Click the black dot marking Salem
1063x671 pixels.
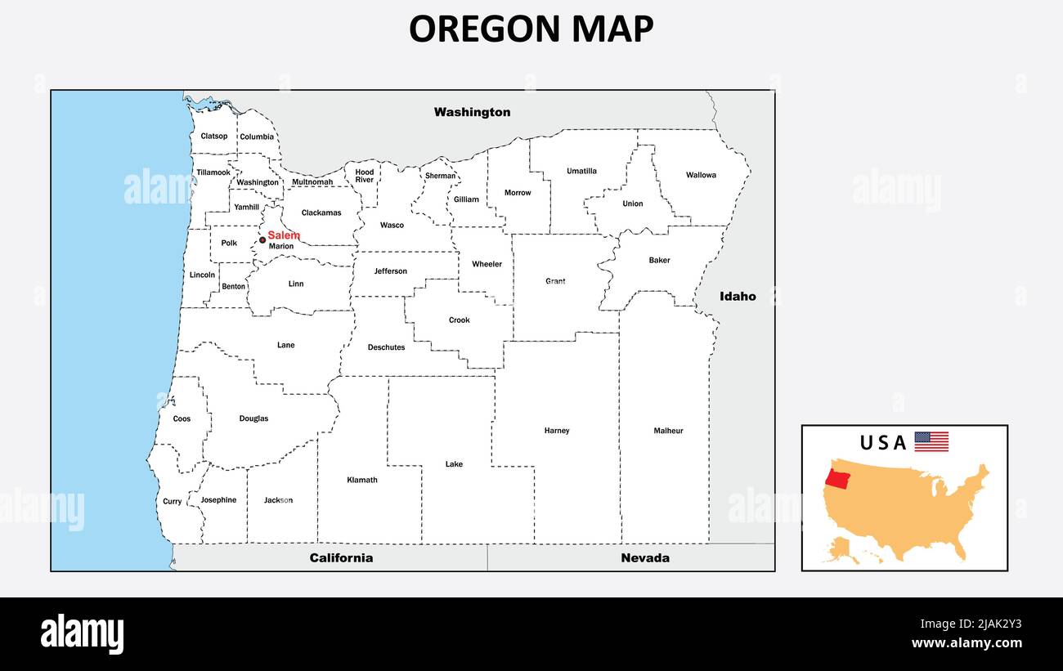(262, 239)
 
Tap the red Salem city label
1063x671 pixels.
(284, 235)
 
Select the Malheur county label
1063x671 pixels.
(668, 431)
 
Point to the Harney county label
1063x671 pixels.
(557, 431)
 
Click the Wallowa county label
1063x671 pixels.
(701, 175)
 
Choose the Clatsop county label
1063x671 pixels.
(214, 136)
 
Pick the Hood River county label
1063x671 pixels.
(365, 176)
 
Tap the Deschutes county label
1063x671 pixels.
(386, 347)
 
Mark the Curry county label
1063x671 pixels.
(173, 502)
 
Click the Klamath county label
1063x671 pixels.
(362, 480)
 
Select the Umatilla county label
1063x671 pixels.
(581, 172)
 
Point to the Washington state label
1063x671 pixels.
(472, 112)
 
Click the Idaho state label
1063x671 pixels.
(738, 297)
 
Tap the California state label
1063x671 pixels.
(341, 558)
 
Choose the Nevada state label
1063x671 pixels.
(645, 558)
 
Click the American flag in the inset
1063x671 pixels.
(931, 442)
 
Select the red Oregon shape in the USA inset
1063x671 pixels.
(837, 477)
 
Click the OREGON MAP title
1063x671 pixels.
(531, 29)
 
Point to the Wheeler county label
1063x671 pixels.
(487, 264)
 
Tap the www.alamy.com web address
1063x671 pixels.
(966, 643)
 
